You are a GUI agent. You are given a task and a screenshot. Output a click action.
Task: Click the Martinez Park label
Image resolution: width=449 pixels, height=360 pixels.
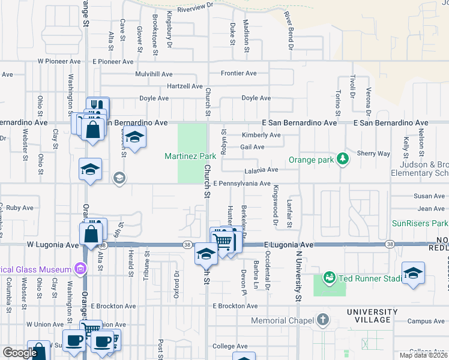190,156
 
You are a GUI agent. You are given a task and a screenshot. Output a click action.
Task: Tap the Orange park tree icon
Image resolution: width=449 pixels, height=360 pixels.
343,158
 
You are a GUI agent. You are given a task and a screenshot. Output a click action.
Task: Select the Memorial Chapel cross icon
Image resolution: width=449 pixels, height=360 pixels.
323,319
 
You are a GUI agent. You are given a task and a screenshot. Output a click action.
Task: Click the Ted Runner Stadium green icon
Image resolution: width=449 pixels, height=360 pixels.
329,278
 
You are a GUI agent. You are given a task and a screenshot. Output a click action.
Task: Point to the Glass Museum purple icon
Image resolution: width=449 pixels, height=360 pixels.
78,268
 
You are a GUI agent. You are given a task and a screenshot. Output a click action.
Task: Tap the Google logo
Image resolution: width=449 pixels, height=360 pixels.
19,353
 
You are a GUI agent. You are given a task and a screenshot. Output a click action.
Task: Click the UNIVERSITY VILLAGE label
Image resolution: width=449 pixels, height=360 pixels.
372,316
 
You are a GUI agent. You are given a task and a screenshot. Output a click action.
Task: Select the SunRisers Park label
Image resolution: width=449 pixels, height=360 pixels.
420,223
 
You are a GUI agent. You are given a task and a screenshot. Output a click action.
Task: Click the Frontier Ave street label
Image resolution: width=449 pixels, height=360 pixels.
238,73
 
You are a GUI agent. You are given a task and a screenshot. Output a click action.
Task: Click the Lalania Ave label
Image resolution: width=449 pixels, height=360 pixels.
261,170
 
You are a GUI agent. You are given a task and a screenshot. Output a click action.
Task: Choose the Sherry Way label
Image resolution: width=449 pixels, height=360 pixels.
374,154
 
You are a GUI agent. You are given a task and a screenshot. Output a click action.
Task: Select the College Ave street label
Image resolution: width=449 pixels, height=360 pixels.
230,346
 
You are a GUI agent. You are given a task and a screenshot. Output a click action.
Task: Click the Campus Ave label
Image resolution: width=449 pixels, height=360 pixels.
426,322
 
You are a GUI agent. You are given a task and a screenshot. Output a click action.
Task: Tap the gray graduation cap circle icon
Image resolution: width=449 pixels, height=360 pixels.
119,177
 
